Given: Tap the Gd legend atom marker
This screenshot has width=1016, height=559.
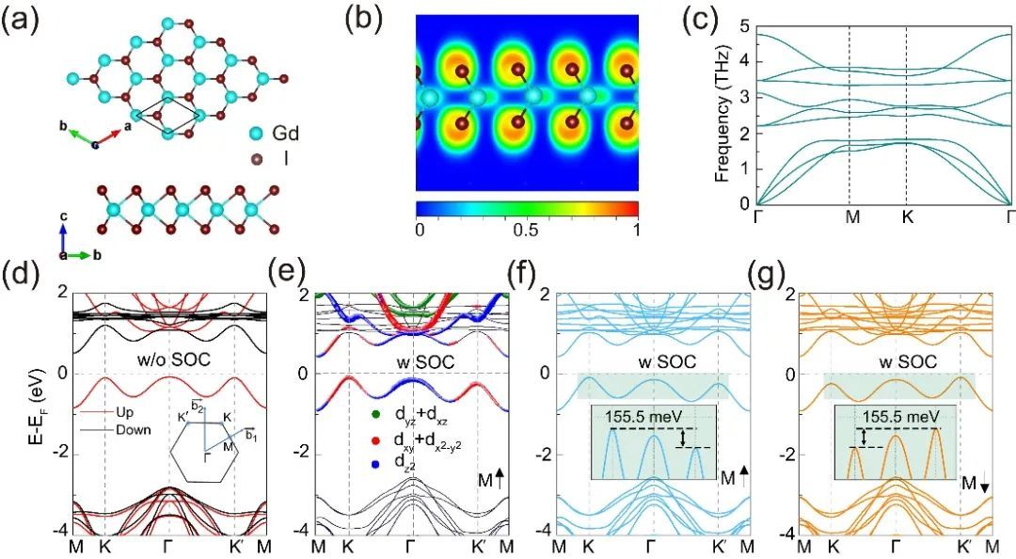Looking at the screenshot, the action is coord(257,135).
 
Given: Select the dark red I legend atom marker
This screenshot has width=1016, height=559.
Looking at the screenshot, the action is coord(257,159).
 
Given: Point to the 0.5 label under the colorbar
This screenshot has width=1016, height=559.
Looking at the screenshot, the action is coord(526,231).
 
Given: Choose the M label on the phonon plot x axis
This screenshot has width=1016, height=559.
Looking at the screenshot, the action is coord(852,217).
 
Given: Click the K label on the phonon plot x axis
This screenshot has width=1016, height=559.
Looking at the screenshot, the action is coord(907,217).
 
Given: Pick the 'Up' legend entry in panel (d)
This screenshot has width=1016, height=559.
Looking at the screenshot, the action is coord(125,412).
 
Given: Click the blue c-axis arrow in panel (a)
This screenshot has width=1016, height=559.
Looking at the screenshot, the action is coord(62,237).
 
